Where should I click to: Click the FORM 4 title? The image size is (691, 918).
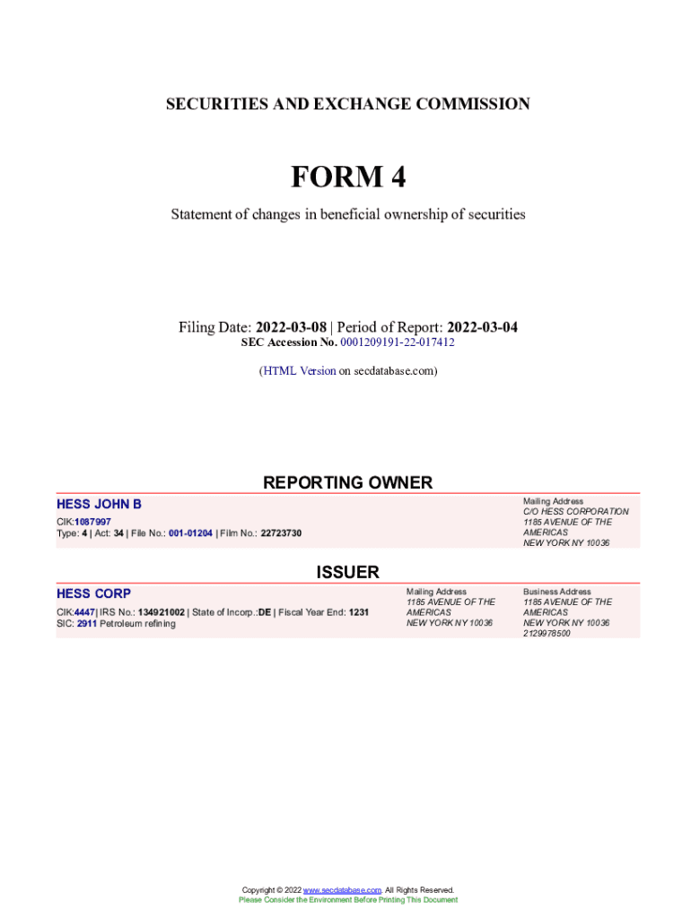[x=347, y=178]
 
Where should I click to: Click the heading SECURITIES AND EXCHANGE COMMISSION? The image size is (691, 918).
[x=347, y=105]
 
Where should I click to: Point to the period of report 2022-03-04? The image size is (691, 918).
[x=482, y=327]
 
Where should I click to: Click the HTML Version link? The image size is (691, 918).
[x=300, y=370]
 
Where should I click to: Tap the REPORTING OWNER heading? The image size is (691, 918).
[x=347, y=483]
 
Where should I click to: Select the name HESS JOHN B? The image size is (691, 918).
[x=99, y=505]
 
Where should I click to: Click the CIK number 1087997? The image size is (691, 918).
[x=93, y=522]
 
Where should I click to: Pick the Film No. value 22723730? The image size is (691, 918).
[x=281, y=533]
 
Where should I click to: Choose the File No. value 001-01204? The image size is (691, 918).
[x=190, y=533]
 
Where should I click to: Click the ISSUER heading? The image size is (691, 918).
[x=347, y=572]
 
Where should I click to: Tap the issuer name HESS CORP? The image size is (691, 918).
[x=93, y=593]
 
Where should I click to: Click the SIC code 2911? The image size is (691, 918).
[x=87, y=623]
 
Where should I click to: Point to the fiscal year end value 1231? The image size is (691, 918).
[x=359, y=612]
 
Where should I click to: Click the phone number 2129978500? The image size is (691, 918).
[x=547, y=633]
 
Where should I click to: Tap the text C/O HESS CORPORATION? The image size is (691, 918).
[x=575, y=512]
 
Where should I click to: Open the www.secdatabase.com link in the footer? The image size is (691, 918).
[x=342, y=890]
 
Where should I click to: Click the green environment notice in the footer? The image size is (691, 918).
[x=347, y=900]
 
